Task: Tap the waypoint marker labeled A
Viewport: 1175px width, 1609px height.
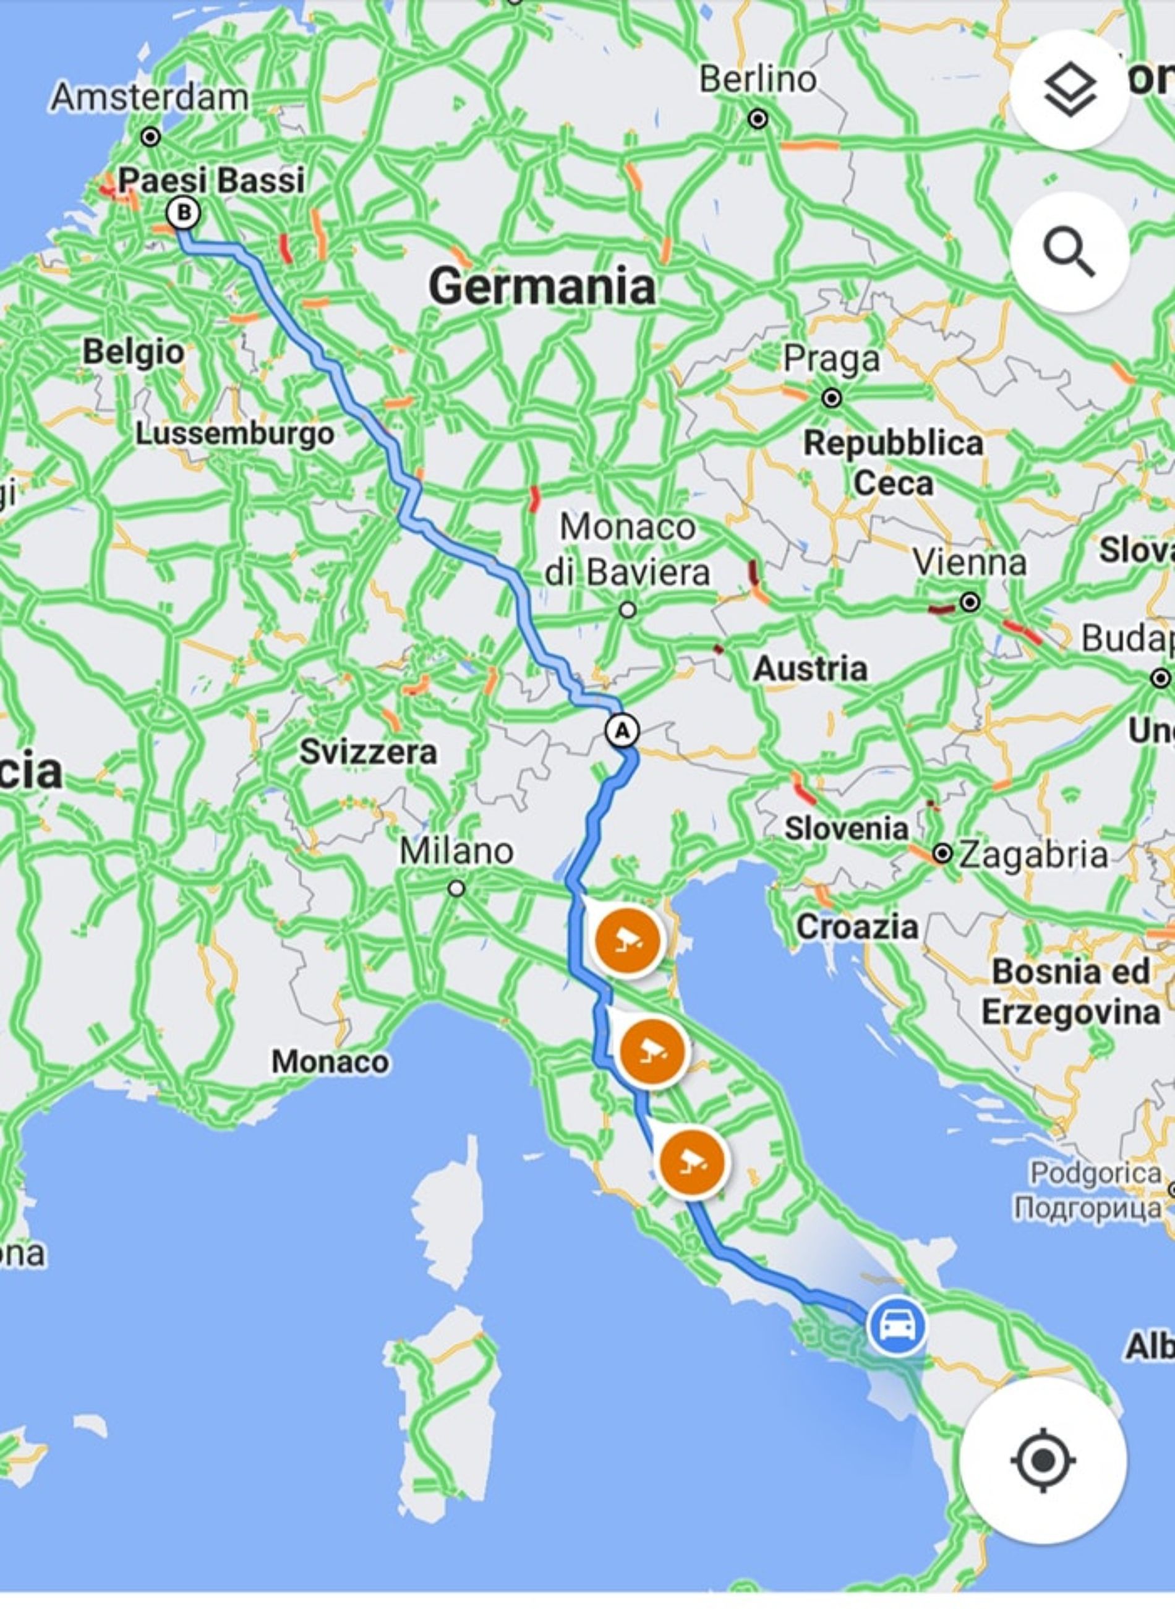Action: click(x=622, y=730)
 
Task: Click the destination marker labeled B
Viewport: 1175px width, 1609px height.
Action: click(x=183, y=213)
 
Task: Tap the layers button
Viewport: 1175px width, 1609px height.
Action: click(x=1069, y=90)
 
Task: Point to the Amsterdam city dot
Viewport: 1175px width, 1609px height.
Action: click(x=151, y=137)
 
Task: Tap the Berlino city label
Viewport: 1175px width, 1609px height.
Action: click(x=758, y=79)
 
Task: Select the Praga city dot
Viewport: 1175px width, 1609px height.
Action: click(x=831, y=398)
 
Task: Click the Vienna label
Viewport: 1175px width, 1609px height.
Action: click(x=970, y=563)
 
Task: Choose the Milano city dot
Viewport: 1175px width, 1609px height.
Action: click(x=456, y=889)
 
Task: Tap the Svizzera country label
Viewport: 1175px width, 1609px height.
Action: click(x=368, y=751)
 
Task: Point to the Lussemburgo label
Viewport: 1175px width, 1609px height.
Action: click(x=235, y=433)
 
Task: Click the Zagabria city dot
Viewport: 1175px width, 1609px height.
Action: click(x=942, y=854)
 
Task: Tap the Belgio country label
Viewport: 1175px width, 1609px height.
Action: click(x=134, y=351)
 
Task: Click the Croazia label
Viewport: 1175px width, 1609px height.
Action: click(x=857, y=926)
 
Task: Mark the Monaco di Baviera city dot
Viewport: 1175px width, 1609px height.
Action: click(x=627, y=609)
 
